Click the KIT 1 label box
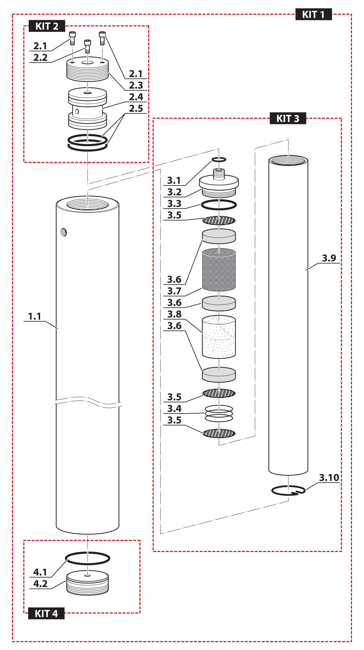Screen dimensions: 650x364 (x=313, y=14)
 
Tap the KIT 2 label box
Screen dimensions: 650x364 (x=47, y=26)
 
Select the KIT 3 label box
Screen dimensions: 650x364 (x=288, y=119)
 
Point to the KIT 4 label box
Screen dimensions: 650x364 (x=46, y=613)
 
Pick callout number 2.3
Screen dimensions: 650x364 (x=136, y=85)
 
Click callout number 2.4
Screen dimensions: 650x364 (x=136, y=97)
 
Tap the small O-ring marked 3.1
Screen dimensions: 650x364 (x=219, y=159)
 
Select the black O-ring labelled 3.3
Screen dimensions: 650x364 (x=219, y=205)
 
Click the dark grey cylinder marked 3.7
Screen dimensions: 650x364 (x=219, y=270)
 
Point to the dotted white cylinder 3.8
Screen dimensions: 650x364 (x=219, y=337)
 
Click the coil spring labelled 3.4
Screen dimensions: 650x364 (x=219, y=413)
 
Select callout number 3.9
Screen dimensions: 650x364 (x=329, y=258)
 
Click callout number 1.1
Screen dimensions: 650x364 (x=35, y=316)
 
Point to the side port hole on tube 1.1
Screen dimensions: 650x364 (x=64, y=232)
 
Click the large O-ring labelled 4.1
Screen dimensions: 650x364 (x=88, y=558)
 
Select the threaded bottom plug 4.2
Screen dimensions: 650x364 (x=88, y=584)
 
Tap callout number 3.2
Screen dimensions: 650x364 (x=174, y=192)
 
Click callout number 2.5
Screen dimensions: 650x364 (x=136, y=109)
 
